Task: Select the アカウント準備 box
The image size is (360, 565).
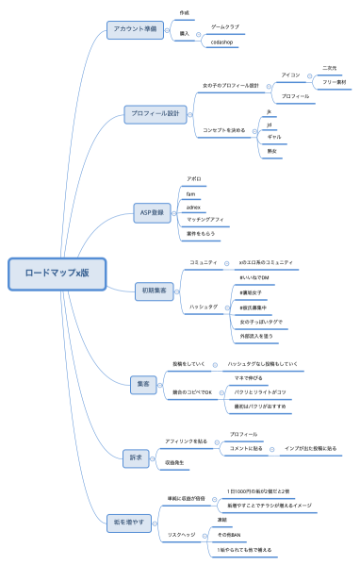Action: coord(136,28)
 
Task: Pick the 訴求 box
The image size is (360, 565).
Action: coord(135,457)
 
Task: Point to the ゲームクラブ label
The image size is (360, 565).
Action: coord(225,28)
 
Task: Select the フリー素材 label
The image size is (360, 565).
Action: coord(334,83)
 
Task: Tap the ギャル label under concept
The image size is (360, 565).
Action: coord(274,137)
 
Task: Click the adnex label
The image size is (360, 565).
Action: coord(193,207)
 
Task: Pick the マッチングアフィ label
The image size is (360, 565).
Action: coord(205,219)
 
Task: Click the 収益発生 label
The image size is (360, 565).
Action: coord(177,463)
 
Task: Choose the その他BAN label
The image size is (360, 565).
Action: coord(229,534)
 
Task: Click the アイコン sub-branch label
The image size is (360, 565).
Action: coord(291,74)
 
